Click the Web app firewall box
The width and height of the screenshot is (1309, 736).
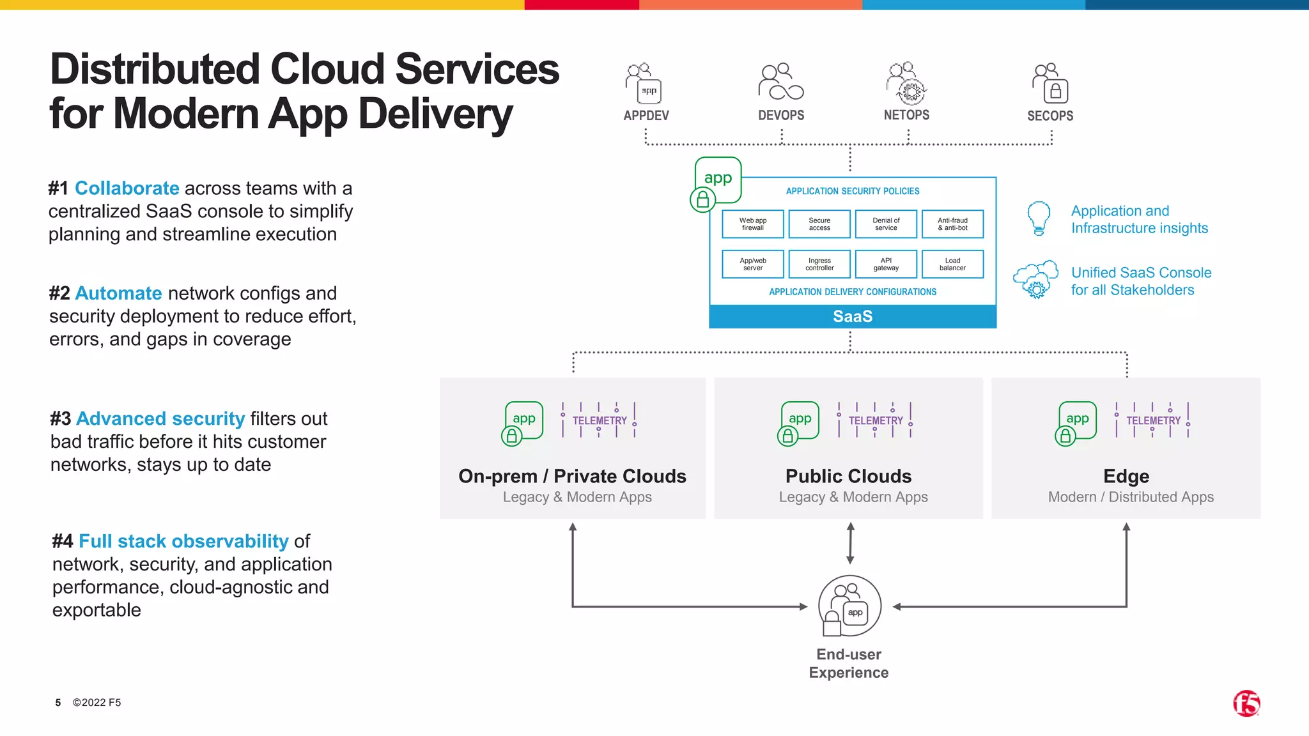coord(752,224)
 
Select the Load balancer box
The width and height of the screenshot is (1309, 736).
coord(952,264)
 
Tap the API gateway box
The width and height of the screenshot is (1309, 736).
coord(886,264)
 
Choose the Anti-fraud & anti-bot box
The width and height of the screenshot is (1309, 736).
coord(952,224)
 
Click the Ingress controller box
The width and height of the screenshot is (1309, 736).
coord(819,264)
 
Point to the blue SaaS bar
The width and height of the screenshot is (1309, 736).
coord(852,317)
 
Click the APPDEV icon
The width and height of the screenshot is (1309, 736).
coord(644,83)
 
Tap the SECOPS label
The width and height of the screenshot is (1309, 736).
coord(1050,116)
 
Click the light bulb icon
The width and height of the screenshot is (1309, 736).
coord(1039,218)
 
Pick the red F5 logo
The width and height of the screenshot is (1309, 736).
coord(1246,703)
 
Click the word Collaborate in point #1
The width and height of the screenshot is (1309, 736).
coord(127,188)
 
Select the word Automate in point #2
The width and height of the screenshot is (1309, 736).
coord(118,293)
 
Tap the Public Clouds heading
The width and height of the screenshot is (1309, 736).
coord(848,477)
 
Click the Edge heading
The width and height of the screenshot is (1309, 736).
coord(1126,477)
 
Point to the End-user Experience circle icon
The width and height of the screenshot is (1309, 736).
coord(849,606)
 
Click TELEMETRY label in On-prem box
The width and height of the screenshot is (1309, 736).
coord(599,420)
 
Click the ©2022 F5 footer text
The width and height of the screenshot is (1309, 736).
coord(97,703)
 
